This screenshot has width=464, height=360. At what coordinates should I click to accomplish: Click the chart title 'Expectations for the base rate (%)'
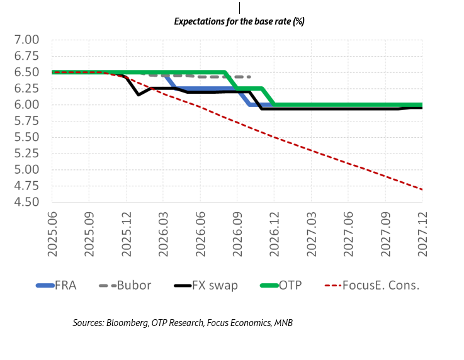239,21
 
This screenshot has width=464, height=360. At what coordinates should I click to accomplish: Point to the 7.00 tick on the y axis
26,40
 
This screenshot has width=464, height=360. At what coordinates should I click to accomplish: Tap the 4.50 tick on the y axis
26,202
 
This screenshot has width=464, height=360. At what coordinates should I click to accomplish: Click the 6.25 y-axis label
26,88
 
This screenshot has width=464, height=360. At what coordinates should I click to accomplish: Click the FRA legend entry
65,285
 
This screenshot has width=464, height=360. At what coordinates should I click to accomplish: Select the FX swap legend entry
215,285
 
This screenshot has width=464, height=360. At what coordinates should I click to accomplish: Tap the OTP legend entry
291,285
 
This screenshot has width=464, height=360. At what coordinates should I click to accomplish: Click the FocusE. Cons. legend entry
380,285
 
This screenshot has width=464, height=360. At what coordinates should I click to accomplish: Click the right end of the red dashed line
421,189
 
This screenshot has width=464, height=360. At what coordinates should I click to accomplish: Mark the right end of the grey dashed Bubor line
250,77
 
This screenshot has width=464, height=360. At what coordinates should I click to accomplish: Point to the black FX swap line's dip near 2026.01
138,94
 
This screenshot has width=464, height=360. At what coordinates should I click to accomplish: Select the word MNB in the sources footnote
283,323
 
